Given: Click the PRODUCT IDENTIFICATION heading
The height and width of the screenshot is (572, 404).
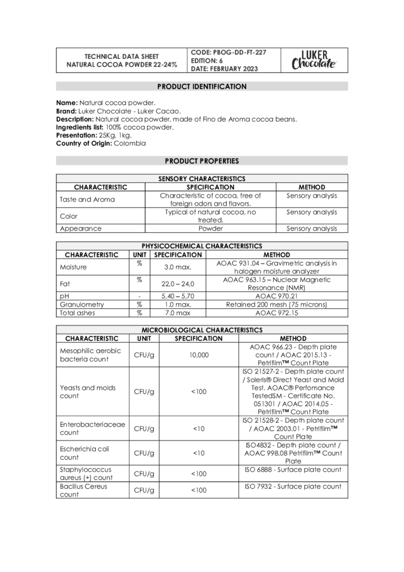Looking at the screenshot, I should click(201, 87).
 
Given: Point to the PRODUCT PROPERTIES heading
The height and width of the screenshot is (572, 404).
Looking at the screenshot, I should click(201, 161).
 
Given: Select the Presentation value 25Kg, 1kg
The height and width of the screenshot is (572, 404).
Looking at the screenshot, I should click(115, 135).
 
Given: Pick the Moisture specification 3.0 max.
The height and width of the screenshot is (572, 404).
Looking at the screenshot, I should click(178, 267).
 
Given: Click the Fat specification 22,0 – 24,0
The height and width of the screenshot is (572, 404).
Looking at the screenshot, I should click(178, 284).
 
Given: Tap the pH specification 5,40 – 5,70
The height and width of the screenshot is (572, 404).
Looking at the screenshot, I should click(178, 297).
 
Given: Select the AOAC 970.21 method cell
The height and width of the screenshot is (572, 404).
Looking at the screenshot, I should click(277, 297).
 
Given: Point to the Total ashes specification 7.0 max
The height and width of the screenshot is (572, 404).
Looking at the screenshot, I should click(178, 313).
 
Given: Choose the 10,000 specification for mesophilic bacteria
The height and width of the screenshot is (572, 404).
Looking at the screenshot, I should click(198, 355).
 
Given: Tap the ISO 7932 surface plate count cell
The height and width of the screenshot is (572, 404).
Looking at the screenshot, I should click(292, 486).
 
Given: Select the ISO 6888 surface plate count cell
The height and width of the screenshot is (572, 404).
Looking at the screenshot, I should click(292, 470).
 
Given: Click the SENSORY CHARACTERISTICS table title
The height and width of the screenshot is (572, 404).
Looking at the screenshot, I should click(201, 179).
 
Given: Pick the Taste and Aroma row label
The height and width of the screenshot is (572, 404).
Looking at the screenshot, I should click(87, 199).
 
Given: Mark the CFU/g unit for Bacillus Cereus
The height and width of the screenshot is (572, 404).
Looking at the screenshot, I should click(144, 490).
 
